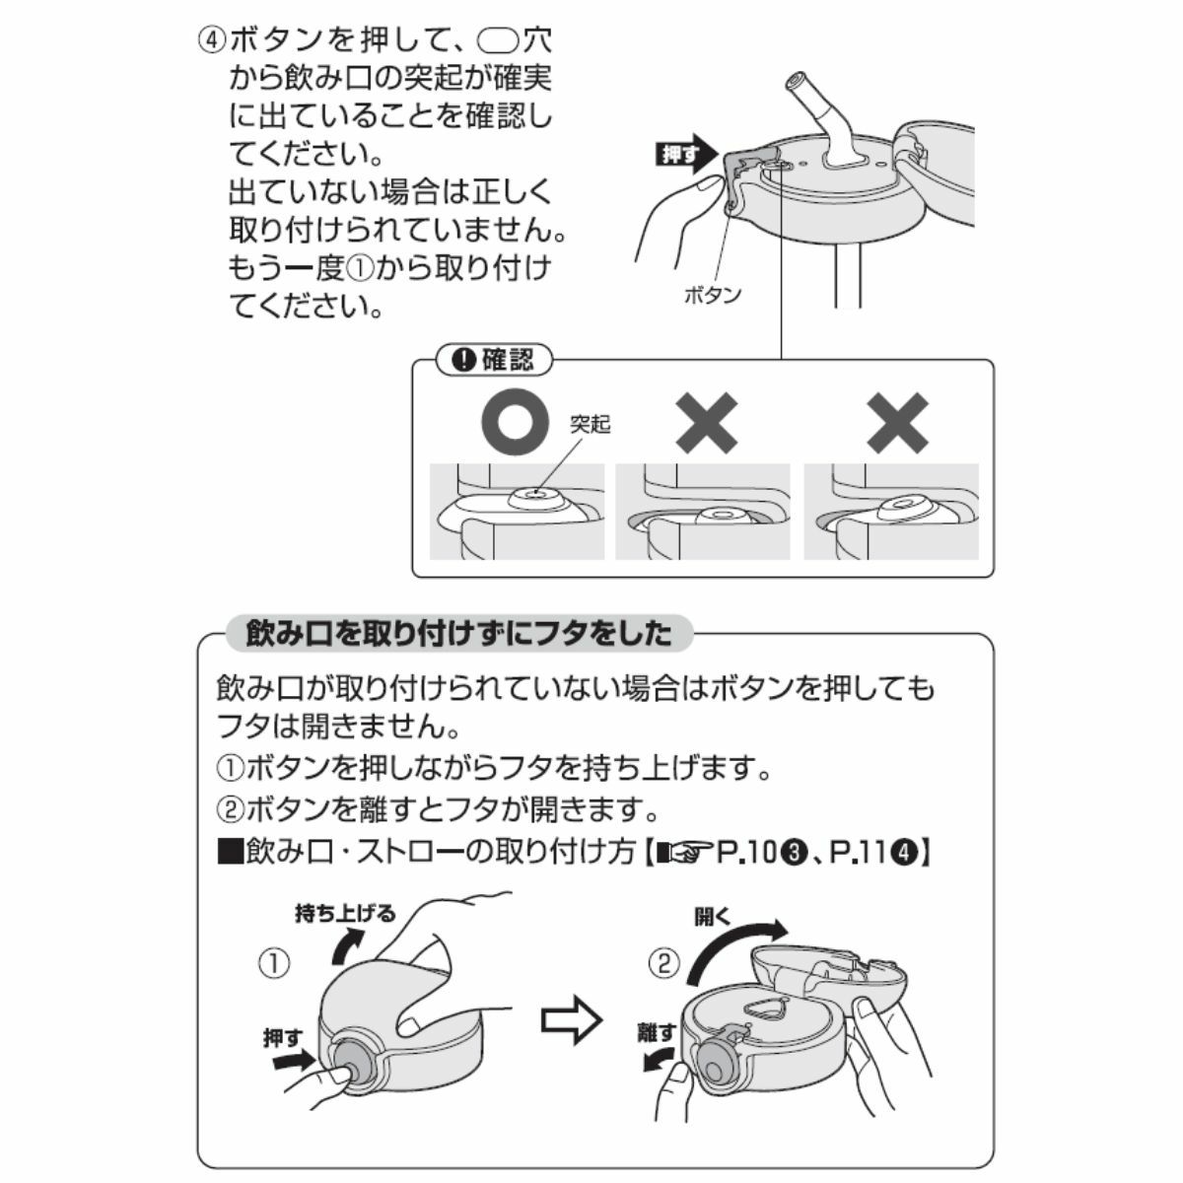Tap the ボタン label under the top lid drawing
pyautogui.click(x=713, y=296)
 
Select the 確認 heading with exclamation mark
pyautogui.click(x=493, y=360)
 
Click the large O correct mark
pyautogui.click(x=515, y=421)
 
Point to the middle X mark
pyautogui.click(x=707, y=423)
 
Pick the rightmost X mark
pyautogui.click(x=897, y=423)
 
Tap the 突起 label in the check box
pyautogui.click(x=590, y=424)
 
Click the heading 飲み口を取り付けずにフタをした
pyautogui.click(x=459, y=634)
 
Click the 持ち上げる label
pyautogui.click(x=345, y=914)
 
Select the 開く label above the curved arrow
pyautogui.click(x=713, y=917)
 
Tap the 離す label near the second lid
pyautogui.click(x=657, y=1032)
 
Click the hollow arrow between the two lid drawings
pyautogui.click(x=571, y=1022)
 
